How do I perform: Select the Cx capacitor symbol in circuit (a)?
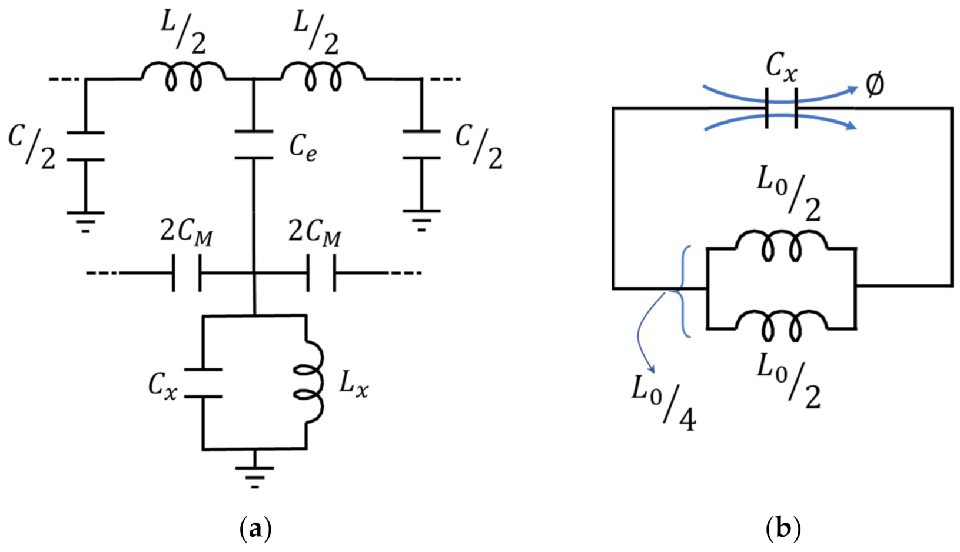(x=203, y=383)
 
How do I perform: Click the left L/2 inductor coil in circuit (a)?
(x=182, y=77)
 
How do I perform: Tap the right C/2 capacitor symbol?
(x=421, y=145)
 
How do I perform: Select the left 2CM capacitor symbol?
(x=187, y=273)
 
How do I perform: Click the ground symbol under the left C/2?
(x=85, y=221)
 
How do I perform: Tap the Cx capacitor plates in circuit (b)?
(x=782, y=109)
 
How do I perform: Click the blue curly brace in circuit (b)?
(x=683, y=292)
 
